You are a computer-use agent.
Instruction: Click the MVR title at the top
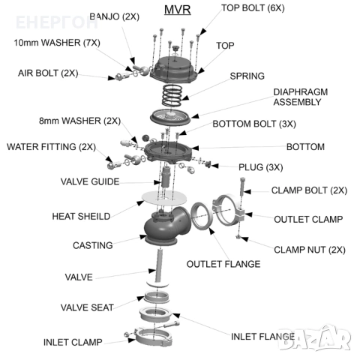click(177, 10)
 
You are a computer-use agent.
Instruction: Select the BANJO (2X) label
click(114, 16)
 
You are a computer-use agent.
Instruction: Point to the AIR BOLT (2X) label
click(49, 73)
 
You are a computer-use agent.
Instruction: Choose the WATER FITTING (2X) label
click(51, 146)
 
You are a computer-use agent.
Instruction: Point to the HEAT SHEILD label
click(80, 216)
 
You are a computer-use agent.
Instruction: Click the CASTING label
click(92, 245)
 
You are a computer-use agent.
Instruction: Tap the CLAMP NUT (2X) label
click(309, 249)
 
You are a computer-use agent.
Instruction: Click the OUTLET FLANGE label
click(223, 263)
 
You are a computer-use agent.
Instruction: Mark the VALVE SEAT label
click(87, 307)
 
